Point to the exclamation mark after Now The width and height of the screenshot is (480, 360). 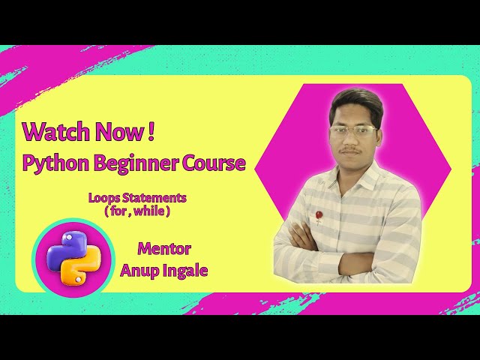coord(151,132)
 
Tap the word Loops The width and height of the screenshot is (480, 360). coord(103,198)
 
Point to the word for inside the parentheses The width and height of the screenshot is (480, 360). coord(118,211)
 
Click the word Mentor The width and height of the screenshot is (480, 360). coord(164,248)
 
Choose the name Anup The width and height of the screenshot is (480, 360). coord(139,269)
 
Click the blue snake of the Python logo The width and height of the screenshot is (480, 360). coord(64,247)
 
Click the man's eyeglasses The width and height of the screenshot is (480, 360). coord(352,131)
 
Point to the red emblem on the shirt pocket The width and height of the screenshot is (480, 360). coord(319,216)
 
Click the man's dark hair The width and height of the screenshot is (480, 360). coord(356,101)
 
